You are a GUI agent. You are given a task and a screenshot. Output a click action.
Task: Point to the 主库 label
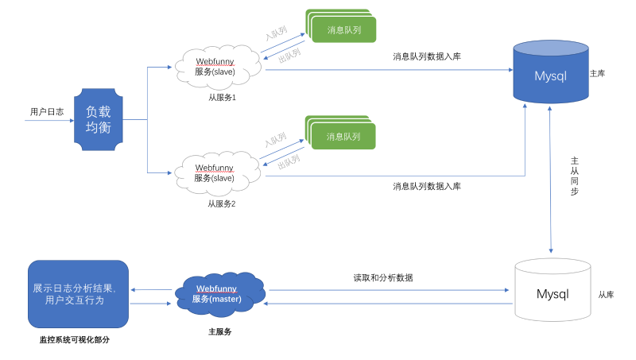(x=598, y=73)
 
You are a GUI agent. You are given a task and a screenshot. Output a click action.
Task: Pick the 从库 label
(x=606, y=294)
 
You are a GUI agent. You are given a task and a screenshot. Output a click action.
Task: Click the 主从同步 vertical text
(x=575, y=176)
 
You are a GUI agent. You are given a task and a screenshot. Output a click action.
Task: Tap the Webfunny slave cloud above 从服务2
(x=217, y=172)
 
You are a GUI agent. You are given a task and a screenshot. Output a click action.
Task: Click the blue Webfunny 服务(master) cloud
(x=218, y=294)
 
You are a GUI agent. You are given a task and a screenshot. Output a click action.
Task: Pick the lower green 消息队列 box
(x=343, y=137)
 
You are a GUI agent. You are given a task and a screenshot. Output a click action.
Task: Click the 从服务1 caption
(x=222, y=98)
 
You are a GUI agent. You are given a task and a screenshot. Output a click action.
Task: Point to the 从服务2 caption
(x=222, y=203)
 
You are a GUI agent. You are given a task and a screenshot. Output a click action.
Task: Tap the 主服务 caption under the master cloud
(x=219, y=331)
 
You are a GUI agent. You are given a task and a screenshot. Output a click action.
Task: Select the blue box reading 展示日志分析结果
(x=78, y=293)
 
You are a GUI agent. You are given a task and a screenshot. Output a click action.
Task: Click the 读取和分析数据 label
(x=383, y=277)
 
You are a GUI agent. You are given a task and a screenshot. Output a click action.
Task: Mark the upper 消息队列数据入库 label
(x=426, y=56)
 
